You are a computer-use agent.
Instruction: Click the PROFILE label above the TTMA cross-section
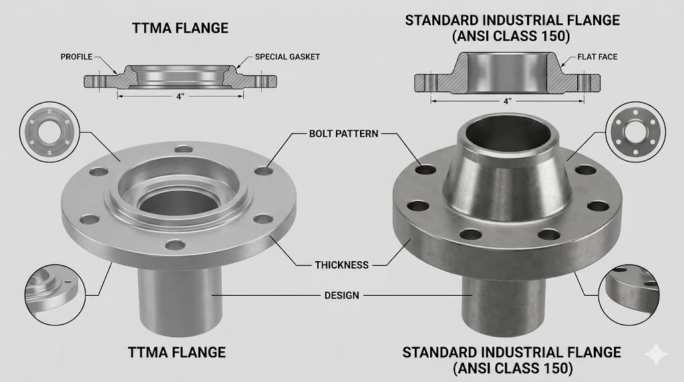76,57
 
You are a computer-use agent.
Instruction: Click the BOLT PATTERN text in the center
343,134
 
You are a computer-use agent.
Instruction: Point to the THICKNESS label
341,264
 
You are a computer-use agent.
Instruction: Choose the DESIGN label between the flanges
341,295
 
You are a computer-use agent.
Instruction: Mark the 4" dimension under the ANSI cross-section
508,101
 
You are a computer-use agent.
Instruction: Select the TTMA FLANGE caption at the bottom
177,352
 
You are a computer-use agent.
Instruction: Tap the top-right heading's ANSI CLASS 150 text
512,37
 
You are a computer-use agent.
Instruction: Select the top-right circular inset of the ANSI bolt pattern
634,131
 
